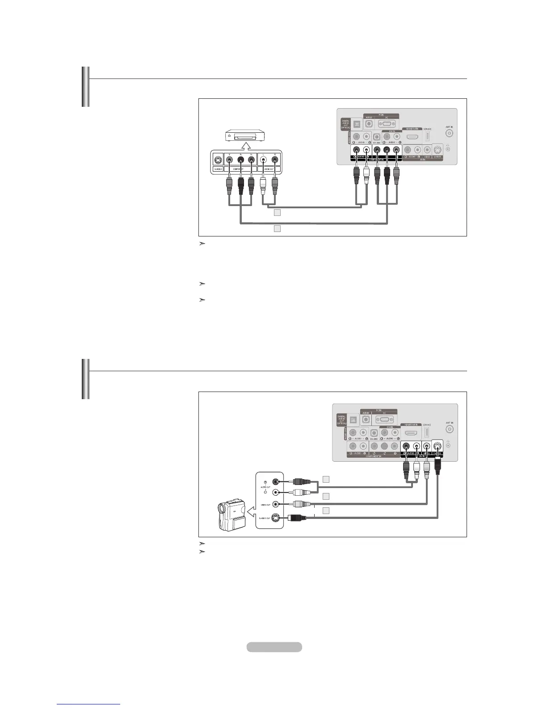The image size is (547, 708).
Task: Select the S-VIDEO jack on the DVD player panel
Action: click(218, 160)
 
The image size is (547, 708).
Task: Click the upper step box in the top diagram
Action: click(277, 213)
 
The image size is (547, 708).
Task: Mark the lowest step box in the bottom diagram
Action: click(326, 510)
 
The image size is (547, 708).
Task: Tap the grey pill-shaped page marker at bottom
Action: click(274, 647)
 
